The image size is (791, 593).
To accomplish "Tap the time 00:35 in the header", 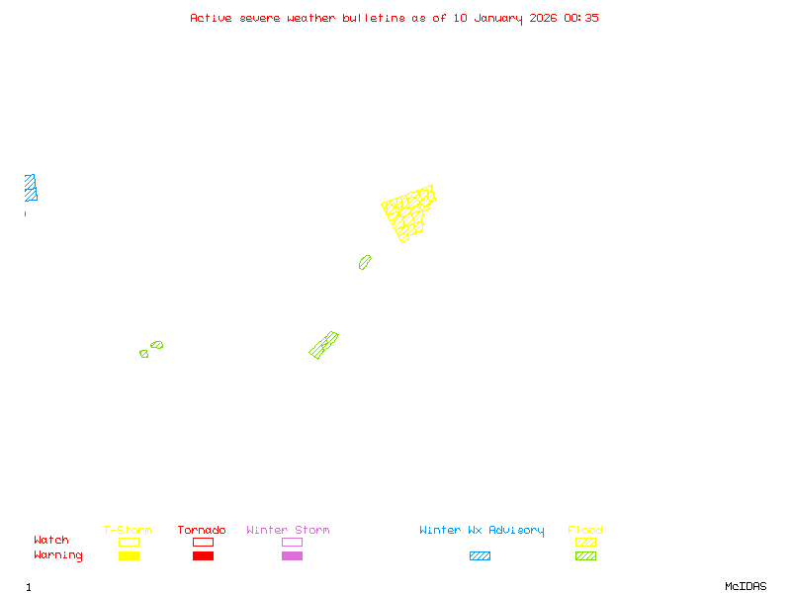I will (x=581, y=18).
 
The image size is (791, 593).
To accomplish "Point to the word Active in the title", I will (x=212, y=18).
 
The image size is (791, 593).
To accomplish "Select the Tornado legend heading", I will (x=202, y=531).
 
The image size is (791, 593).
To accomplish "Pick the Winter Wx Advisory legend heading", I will (x=482, y=531).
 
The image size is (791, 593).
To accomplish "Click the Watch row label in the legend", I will (x=51, y=541).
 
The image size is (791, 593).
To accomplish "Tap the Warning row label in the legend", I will (x=58, y=555).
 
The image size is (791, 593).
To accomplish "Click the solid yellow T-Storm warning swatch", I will (x=129, y=556).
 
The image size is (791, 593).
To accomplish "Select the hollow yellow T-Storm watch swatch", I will (x=129, y=542).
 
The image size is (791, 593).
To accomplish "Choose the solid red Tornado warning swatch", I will (x=203, y=556).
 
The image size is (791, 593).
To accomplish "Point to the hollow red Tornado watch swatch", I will (x=203, y=542).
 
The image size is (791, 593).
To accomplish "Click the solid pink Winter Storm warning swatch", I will (x=292, y=556).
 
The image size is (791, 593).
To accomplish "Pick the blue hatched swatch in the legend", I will (x=480, y=556).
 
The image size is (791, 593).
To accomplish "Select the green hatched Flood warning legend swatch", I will (x=585, y=556).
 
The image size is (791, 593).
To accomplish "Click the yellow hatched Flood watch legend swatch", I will (x=585, y=542).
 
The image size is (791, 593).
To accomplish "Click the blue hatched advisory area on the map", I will (x=31, y=188).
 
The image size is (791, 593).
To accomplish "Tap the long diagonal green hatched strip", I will (x=323, y=345).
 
